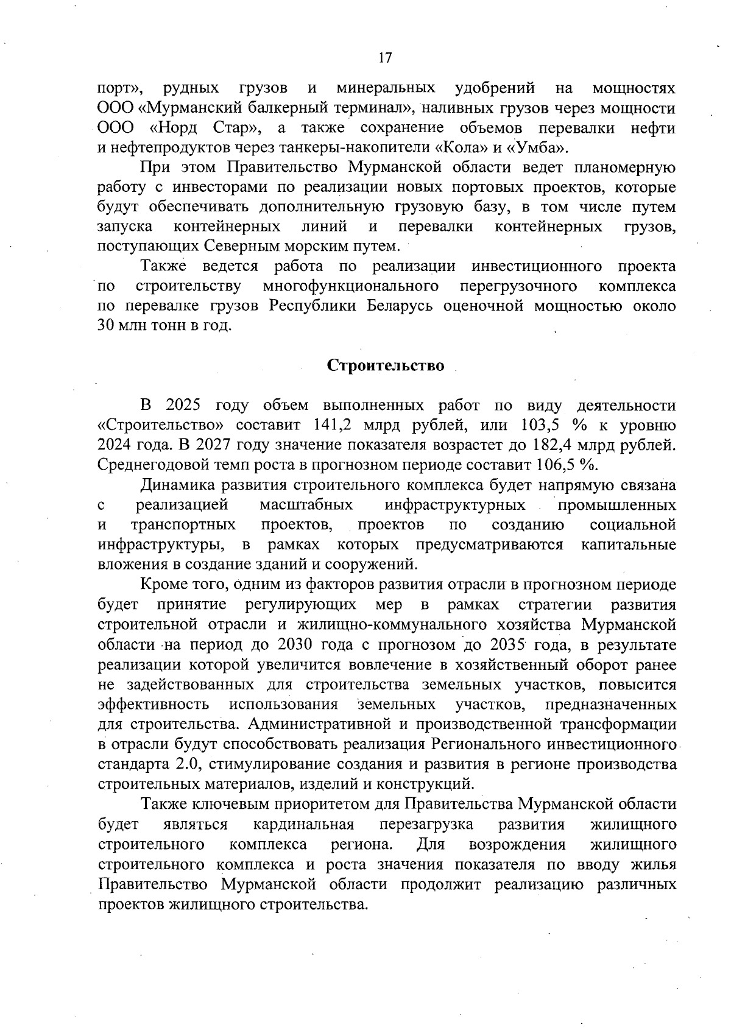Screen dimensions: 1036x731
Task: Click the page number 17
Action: [385, 58]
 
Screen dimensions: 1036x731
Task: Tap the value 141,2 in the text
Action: [332, 425]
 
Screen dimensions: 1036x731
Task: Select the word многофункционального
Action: [351, 286]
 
